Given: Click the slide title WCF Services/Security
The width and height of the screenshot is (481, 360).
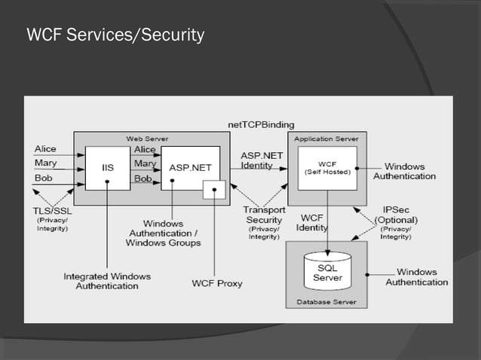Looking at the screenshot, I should pyautogui.click(x=115, y=35).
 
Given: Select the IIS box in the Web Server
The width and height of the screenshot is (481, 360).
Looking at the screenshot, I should pyautogui.click(x=108, y=168).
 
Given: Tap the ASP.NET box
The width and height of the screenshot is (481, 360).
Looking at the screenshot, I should pyautogui.click(x=189, y=168).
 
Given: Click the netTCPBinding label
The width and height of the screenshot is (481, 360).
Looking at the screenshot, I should pyautogui.click(x=261, y=124).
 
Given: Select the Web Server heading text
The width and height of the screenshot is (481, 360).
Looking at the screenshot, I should pyautogui.click(x=147, y=139).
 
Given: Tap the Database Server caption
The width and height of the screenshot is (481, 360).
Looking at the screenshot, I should pyautogui.click(x=326, y=302).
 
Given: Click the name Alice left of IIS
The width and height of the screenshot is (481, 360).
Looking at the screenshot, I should pyautogui.click(x=45, y=149).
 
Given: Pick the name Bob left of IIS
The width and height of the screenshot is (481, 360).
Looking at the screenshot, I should pyautogui.click(x=44, y=178).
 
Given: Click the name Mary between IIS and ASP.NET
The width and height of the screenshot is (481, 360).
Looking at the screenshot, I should pyautogui.click(x=145, y=163).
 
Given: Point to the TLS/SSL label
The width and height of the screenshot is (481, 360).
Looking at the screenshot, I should pyautogui.click(x=52, y=212).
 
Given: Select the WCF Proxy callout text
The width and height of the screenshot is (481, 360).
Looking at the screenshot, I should pyautogui.click(x=217, y=283).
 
